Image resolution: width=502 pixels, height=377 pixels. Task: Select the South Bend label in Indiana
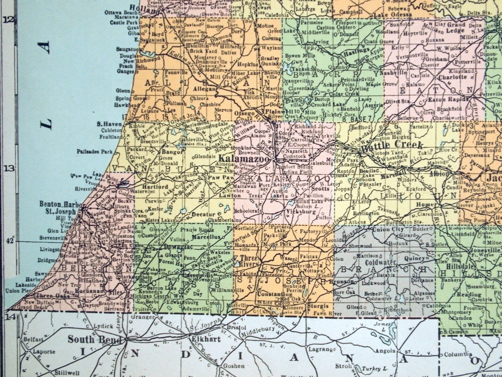pos(95,339)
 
